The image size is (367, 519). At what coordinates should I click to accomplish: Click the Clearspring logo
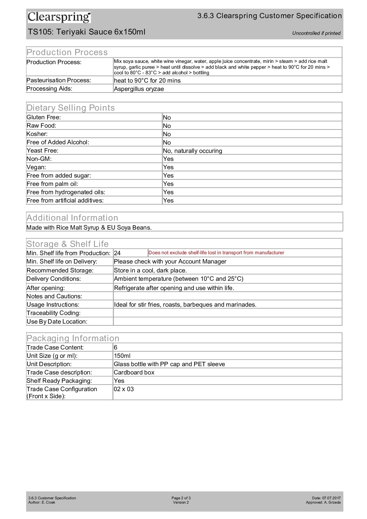[59, 17]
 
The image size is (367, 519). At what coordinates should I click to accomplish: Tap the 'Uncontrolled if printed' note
[316, 33]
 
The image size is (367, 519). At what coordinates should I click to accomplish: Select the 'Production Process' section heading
[67, 52]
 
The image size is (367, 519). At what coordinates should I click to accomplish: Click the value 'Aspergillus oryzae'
[139, 89]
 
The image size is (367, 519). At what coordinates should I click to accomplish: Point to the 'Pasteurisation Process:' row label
[59, 80]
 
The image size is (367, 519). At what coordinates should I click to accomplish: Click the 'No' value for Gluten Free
[167, 117]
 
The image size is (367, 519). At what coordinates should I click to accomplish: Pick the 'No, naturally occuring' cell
[193, 151]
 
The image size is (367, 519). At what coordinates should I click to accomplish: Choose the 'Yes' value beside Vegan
[168, 167]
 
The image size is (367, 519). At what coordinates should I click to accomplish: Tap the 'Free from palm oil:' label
[52, 184]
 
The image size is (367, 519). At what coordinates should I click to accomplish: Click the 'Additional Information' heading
[72, 218]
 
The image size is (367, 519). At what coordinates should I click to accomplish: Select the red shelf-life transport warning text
[216, 253]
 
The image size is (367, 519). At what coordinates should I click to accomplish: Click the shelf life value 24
[117, 253]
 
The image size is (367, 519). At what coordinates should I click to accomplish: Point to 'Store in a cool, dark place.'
[150, 270]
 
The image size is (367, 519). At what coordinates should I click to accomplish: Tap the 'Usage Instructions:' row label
[53, 304]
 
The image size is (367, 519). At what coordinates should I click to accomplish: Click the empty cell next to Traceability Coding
[227, 313]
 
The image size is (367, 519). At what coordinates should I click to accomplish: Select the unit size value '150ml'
[122, 356]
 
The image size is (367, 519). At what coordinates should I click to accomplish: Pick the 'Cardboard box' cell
[134, 372]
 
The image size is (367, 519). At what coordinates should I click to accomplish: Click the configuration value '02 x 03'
[124, 389]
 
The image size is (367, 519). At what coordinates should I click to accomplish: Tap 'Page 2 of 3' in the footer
[181, 498]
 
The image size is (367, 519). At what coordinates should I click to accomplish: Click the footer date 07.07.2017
[331, 498]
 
